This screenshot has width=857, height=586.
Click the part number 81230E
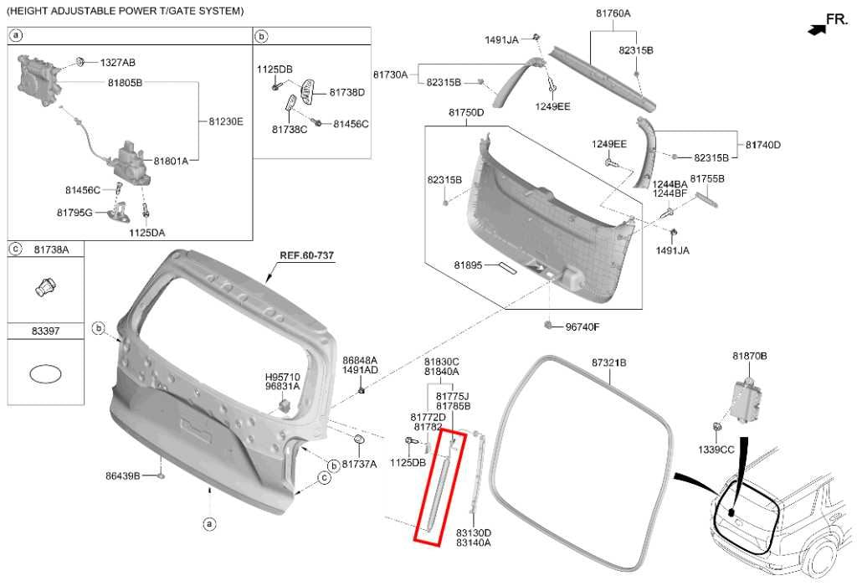point(226,121)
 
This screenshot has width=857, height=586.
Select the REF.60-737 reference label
point(306,255)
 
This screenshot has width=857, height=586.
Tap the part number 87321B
point(609,362)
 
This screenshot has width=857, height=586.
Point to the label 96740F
point(582,326)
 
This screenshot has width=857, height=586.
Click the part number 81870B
point(749,356)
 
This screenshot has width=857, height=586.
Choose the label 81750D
point(466,113)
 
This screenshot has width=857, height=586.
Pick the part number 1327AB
point(117,62)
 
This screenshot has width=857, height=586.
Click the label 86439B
point(122,475)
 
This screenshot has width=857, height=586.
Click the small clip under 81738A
point(46,287)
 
